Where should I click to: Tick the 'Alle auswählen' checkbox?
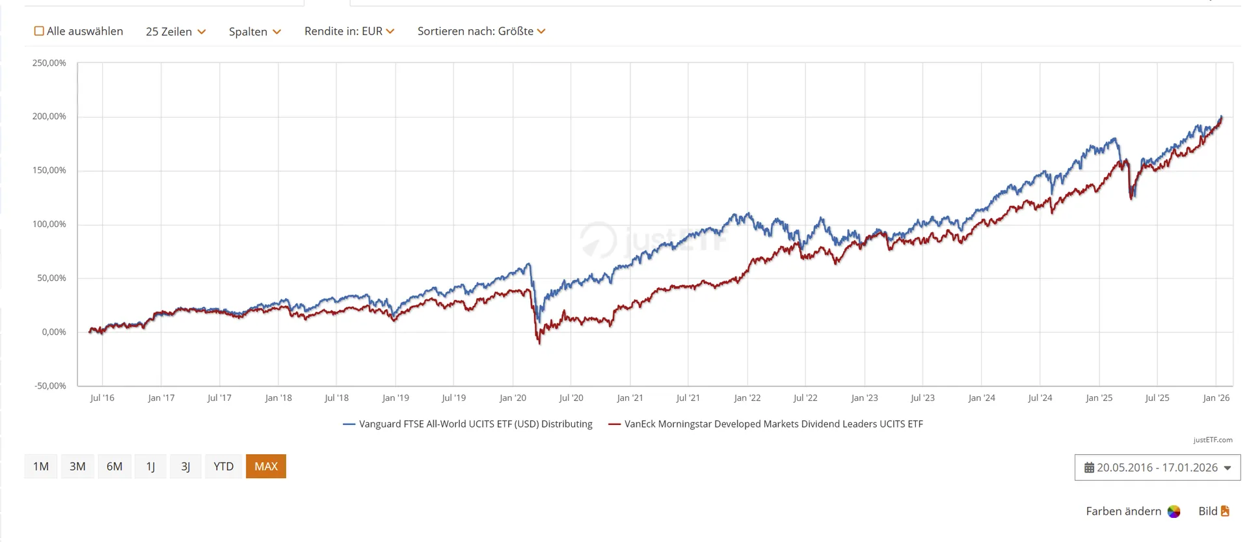click(x=39, y=31)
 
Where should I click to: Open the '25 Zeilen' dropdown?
click(x=176, y=31)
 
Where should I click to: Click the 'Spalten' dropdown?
click(x=254, y=31)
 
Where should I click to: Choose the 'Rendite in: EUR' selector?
click(x=349, y=31)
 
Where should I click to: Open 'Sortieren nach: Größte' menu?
click(x=481, y=31)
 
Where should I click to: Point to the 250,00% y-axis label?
click(x=49, y=63)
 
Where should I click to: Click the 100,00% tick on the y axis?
click(x=49, y=224)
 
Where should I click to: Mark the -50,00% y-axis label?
click(x=50, y=386)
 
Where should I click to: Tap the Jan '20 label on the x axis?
click(x=513, y=398)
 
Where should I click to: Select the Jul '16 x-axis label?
click(x=102, y=398)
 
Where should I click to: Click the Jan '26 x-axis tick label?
click(x=1216, y=398)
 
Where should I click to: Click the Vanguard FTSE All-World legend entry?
click(x=468, y=424)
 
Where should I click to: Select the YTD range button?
click(x=223, y=467)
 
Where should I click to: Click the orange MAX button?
click(x=266, y=467)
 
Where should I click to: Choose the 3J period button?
click(x=185, y=467)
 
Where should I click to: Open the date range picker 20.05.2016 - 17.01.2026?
click(x=1157, y=468)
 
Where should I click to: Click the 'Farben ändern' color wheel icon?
click(x=1174, y=511)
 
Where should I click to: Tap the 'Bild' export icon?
click(x=1225, y=511)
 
